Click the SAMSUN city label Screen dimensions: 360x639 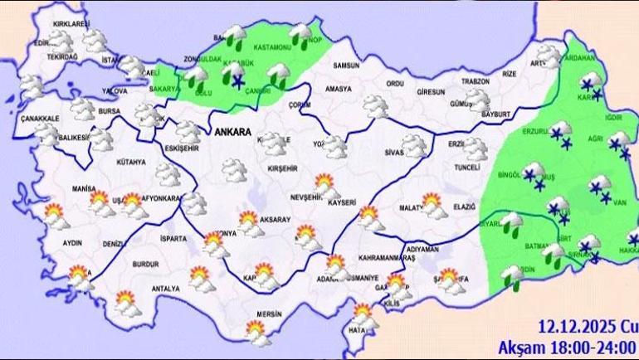pyautogui.click(x=344, y=66)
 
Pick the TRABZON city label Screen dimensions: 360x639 pyautogui.click(x=476, y=80)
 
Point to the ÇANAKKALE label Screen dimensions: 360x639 pyautogui.click(x=41, y=119)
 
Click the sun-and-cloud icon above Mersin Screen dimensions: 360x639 pyautogui.click(x=258, y=332)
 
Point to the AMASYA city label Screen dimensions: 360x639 pyautogui.click(x=339, y=89)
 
